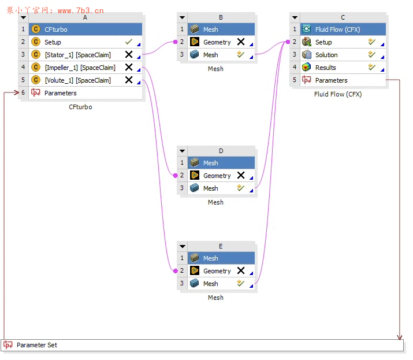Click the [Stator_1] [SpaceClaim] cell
click(x=77, y=55)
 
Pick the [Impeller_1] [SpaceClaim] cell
click(x=80, y=68)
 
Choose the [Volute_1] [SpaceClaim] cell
click(x=77, y=80)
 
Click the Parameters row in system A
click(x=61, y=93)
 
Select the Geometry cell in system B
click(x=217, y=42)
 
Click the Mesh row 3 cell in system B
click(x=211, y=55)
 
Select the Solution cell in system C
click(x=326, y=55)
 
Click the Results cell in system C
click(x=326, y=68)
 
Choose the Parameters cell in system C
click(x=332, y=80)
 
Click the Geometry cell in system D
click(x=217, y=176)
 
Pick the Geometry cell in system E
click(x=217, y=271)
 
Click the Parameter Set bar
click(x=202, y=346)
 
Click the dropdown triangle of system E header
click(x=183, y=247)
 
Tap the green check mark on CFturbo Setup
click(x=129, y=42)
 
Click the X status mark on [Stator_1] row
click(x=129, y=55)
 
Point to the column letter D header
click(x=221, y=151)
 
